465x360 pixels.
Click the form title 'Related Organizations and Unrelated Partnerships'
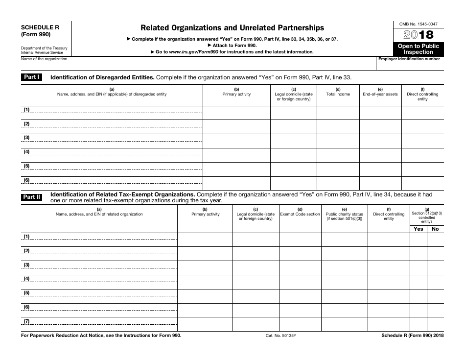tap(232, 28)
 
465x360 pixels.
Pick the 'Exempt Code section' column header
tap(300, 214)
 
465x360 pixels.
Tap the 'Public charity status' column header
tap(344, 214)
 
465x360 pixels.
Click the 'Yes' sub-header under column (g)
tap(418, 229)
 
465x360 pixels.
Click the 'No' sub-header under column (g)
tap(435, 229)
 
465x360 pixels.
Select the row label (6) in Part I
tap(27, 180)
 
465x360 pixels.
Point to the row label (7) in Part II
tap(27, 321)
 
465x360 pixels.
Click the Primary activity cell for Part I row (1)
tap(236, 113)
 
